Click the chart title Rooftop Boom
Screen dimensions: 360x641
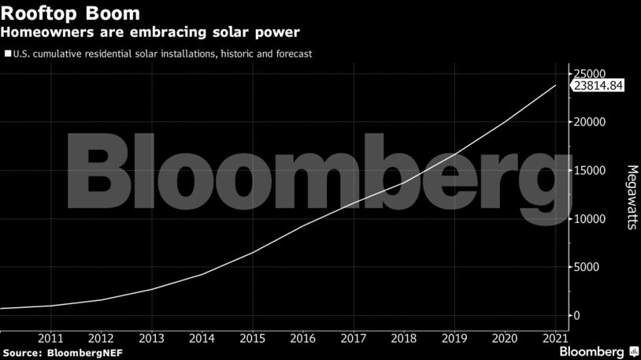72,14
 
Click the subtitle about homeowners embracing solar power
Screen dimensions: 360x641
150,32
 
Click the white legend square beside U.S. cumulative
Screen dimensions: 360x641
8,54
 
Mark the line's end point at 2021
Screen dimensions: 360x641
555,85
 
